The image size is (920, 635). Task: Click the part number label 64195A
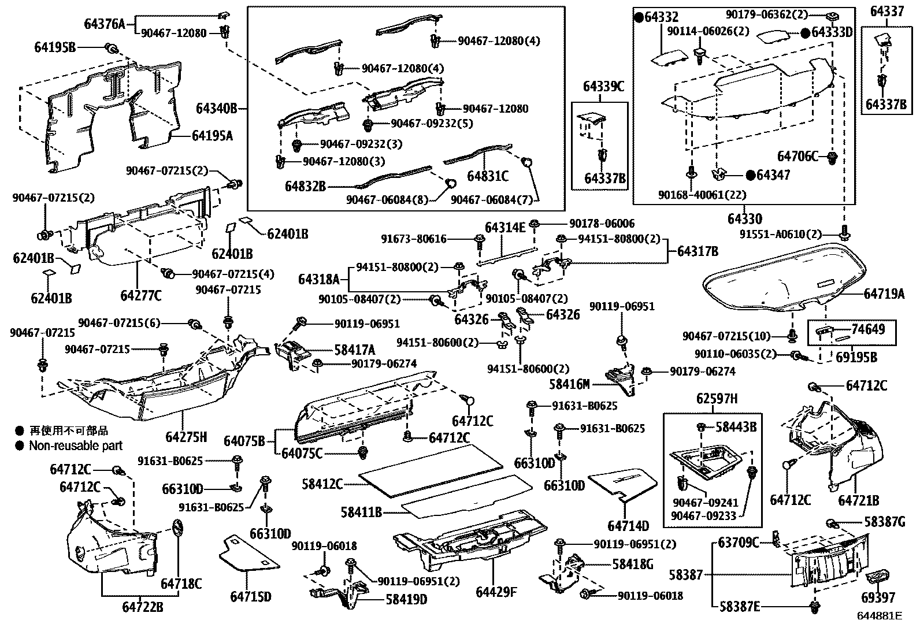[x=212, y=136]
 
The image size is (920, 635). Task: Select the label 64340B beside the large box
[x=216, y=108]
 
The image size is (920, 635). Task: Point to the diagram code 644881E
[x=879, y=616]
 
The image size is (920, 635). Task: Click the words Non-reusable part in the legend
[x=76, y=445]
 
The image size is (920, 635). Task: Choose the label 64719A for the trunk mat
[x=884, y=294]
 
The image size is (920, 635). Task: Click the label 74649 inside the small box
[x=868, y=329]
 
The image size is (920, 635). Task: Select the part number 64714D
[x=628, y=526]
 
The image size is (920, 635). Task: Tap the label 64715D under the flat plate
[x=250, y=596]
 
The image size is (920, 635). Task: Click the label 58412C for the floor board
[x=322, y=484]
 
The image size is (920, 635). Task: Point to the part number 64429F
[x=495, y=592]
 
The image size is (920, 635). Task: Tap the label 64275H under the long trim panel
[x=186, y=437]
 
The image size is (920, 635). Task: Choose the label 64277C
[x=141, y=295]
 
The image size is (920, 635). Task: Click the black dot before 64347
[x=750, y=174]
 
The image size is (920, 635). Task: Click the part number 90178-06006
[x=602, y=223]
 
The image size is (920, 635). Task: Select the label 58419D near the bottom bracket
[x=406, y=599]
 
